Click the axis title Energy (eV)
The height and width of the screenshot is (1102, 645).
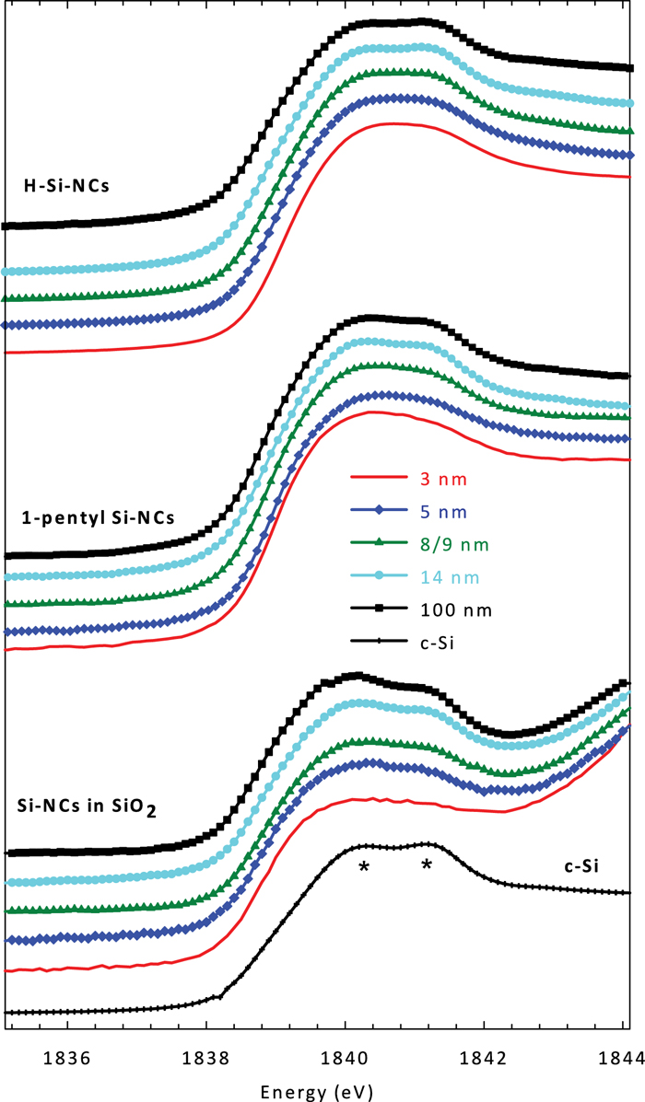[322, 1088]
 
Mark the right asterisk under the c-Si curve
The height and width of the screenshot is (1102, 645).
[427, 865]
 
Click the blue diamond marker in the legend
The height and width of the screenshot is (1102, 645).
[379, 511]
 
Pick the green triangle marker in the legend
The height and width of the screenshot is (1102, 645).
[379, 544]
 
